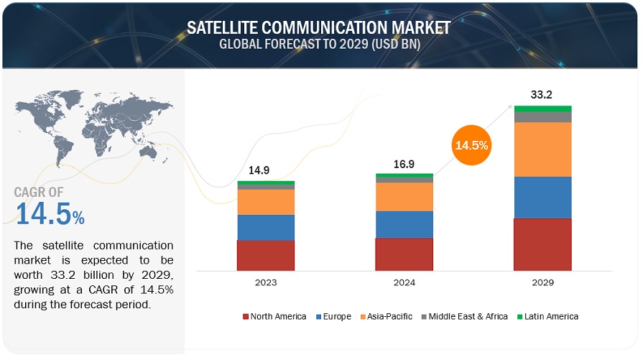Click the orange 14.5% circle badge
tap(471, 145)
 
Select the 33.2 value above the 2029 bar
tap(542, 94)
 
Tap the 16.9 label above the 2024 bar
tap(404, 164)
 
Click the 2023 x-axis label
tap(266, 282)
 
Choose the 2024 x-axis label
tap(404, 282)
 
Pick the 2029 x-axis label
tap(542, 282)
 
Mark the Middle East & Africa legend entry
tap(463, 316)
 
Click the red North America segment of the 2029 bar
tap(542, 244)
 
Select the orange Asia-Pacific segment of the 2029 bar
tap(542, 149)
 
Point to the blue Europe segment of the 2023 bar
tap(266, 227)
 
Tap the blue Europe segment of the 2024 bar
tap(404, 224)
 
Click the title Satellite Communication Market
tap(319, 28)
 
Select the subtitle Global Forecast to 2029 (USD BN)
tap(319, 45)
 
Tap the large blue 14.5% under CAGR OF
tap(49, 214)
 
